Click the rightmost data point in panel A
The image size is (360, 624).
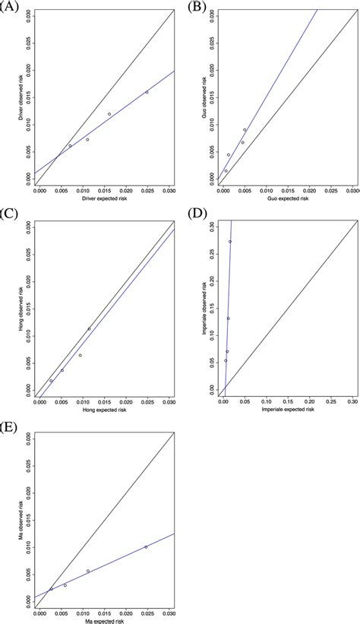coord(147,92)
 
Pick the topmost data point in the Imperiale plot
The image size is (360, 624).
coord(230,242)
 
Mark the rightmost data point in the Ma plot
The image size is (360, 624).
coord(146,546)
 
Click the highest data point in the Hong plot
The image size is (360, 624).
coord(89,329)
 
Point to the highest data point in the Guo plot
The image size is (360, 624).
coord(245,129)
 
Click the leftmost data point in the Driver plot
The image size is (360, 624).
coord(70,145)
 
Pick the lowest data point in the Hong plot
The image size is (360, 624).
coord(51,381)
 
